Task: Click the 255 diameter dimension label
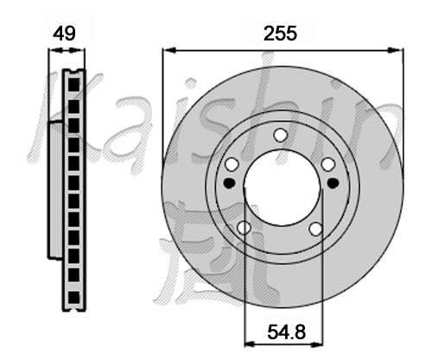coord(280,34)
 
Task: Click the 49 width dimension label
coord(64,34)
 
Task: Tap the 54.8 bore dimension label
coord(286,332)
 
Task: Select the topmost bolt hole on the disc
coord(280,135)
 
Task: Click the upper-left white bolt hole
coord(232,164)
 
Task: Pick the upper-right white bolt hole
coord(328,164)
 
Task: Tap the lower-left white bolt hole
coord(244,228)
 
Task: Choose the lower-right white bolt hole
coord(315,229)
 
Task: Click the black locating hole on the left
coord(229,183)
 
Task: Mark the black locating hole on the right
coord(333,183)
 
